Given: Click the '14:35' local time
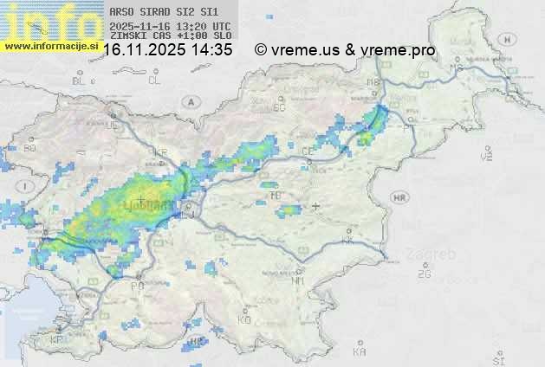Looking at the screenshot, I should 212,50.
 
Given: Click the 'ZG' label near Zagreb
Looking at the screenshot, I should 424,274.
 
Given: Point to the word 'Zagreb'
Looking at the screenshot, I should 432,254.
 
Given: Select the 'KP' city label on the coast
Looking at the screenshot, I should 57,340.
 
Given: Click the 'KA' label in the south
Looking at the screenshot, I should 360,352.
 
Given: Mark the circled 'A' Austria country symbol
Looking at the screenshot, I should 190,101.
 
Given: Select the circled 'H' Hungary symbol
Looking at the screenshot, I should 511,39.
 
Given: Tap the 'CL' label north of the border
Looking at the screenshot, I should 154,80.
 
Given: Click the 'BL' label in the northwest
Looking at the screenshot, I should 79,80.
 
